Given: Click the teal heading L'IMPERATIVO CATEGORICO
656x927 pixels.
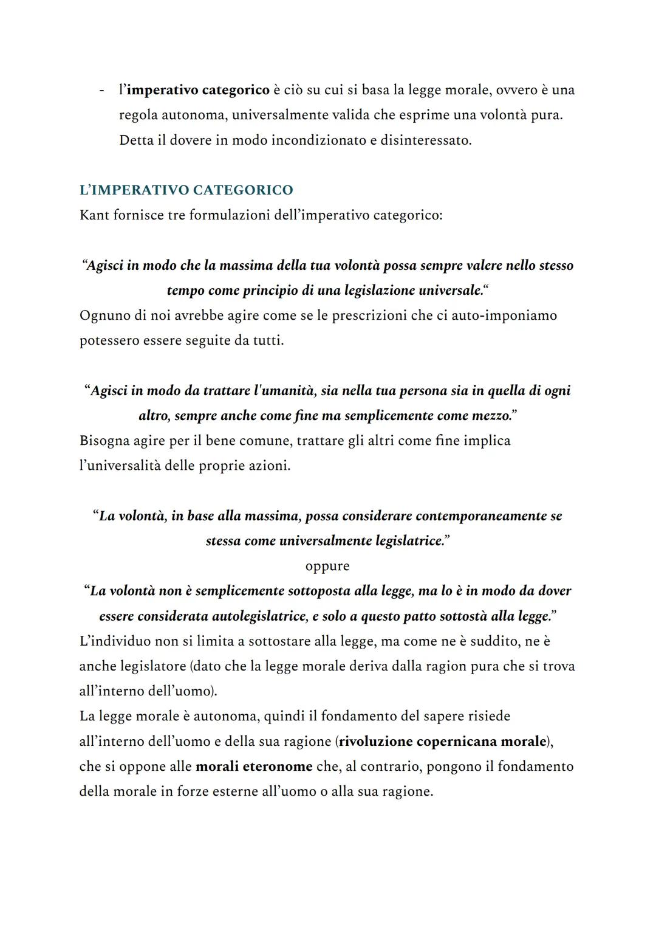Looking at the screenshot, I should [x=186, y=190].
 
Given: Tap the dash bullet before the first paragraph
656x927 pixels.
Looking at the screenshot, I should [x=101, y=91].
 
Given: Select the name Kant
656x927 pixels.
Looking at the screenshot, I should [x=94, y=216].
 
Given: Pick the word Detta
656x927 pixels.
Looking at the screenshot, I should [x=135, y=140].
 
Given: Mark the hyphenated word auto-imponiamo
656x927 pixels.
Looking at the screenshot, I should [x=504, y=315].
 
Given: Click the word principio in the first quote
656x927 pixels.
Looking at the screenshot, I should [x=270, y=291].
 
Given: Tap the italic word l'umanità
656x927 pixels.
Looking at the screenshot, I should [x=285, y=391].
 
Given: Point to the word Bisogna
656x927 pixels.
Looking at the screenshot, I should [x=104, y=441].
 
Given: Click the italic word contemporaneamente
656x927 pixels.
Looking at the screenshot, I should [x=465, y=516].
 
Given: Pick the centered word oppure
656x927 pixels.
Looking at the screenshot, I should [x=327, y=566].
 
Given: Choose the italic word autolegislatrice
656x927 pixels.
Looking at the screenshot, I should [x=259, y=616].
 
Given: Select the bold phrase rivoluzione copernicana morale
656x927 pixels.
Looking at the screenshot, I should [x=442, y=742].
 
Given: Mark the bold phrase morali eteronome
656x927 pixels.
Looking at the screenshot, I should [x=254, y=767].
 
